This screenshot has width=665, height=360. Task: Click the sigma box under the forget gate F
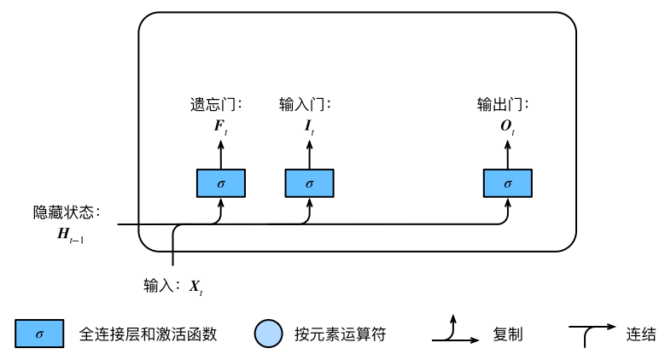[x=221, y=183]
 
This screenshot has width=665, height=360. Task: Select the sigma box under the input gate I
[x=309, y=183]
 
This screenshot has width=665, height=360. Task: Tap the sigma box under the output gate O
[x=508, y=183]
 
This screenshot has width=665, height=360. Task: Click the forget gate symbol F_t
[x=220, y=126]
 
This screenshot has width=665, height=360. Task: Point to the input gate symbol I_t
[x=309, y=126]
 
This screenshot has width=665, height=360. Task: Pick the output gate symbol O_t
[x=507, y=126]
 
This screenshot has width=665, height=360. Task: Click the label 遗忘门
[x=212, y=104]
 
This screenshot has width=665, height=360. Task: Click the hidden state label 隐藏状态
[x=63, y=212]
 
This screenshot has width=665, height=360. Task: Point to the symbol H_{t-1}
[x=70, y=235]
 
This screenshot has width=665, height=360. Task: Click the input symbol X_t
[x=196, y=287]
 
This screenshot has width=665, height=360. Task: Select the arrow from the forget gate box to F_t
[x=221, y=154]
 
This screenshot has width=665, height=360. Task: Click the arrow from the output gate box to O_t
[x=508, y=154]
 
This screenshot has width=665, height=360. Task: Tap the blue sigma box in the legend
[x=39, y=334]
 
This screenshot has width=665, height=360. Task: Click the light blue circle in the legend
[x=268, y=334]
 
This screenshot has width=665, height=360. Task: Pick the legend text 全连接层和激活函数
[x=148, y=334]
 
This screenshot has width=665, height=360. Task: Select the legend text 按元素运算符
[x=340, y=334]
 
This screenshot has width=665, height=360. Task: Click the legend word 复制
[x=507, y=334]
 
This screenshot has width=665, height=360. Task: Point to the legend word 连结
[x=641, y=334]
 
